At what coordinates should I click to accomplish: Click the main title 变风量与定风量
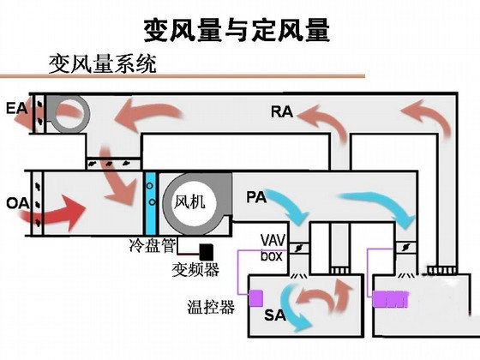coord(237,30)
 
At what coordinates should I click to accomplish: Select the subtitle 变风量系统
coord(102,63)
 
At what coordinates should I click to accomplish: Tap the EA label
coord(17,108)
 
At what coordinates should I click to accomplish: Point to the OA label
coord(18,203)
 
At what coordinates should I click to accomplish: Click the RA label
coord(282,111)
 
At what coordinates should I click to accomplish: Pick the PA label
coord(256,197)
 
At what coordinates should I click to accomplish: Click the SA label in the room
coord(275,315)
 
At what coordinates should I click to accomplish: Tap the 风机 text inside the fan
coord(189,202)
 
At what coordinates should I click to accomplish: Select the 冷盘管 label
coord(153,245)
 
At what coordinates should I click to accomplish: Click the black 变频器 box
coord(207,252)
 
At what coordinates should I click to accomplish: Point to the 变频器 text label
coord(195,269)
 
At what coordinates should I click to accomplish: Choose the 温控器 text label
coord(211,307)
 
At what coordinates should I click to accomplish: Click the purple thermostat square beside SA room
coord(256,298)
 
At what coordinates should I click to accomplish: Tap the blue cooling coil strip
coord(150,203)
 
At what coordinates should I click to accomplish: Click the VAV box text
coord(273,248)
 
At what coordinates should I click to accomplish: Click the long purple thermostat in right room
coord(391,299)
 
